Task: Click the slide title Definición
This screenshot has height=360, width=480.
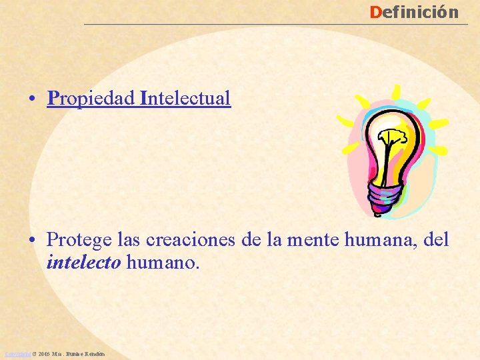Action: [x=414, y=12]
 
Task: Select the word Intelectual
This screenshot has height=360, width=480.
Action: [x=185, y=99]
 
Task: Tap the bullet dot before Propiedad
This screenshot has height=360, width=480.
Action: [x=32, y=99]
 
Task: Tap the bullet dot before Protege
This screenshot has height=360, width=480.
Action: [x=32, y=239]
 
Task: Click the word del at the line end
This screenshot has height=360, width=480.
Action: [x=437, y=239]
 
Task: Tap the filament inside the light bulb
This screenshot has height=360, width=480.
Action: [x=389, y=143]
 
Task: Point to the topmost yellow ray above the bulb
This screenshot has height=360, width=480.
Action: [x=396, y=92]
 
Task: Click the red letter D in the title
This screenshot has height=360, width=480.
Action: [x=375, y=12]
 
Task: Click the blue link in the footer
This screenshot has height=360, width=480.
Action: [x=17, y=353]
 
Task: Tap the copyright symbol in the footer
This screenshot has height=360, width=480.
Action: [x=33, y=353]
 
